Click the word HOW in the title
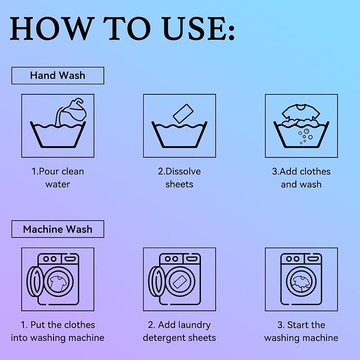point(52,29)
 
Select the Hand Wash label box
point(58,75)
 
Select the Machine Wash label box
point(58,229)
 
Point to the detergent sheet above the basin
point(183,113)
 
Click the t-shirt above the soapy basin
point(301,112)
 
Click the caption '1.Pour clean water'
point(58,178)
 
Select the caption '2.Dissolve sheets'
point(179,178)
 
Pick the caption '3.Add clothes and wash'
point(301,178)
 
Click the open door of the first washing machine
point(35,282)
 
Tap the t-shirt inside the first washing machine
point(58,283)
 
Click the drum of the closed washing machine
point(301,282)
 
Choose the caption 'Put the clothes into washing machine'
point(58,331)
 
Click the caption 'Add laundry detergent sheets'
point(179,331)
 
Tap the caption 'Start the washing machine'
point(301,331)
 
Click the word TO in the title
point(127,29)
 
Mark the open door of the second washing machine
point(156,282)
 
